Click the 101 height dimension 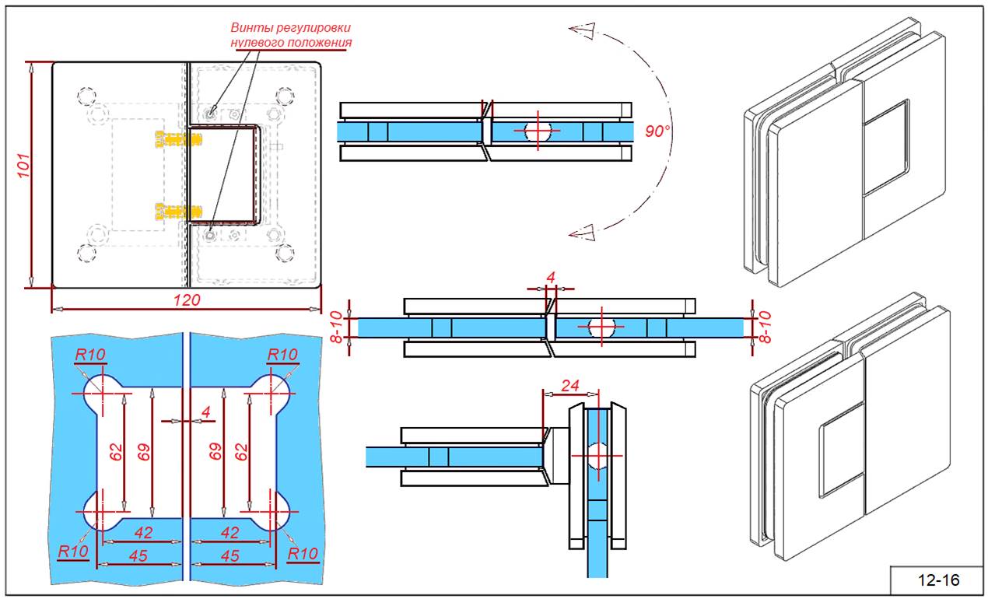23,166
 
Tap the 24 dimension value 569,384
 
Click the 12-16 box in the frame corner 938,580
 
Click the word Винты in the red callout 250,28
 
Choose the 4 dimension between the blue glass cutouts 205,412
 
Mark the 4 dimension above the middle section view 551,278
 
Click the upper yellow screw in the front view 177,138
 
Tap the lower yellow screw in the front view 177,210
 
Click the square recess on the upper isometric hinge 886,146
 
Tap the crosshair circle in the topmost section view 538,131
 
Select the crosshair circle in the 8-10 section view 601,327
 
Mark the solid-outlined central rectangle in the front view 223,174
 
